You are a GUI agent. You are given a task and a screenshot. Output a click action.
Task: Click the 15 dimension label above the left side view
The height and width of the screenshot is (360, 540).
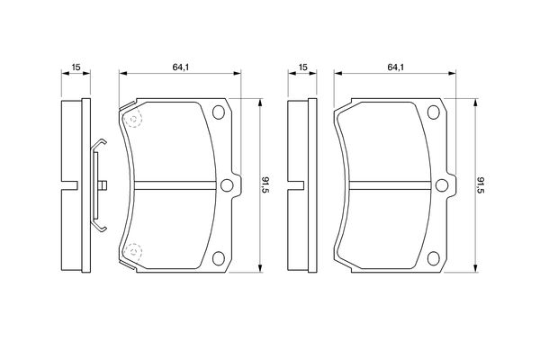point(76,67)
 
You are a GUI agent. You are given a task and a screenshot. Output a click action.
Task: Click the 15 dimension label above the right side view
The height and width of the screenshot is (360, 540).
point(302,67)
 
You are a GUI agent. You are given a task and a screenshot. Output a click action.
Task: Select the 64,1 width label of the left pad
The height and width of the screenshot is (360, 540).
point(181,67)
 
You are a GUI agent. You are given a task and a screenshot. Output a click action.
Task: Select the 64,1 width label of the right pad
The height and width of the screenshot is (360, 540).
point(395,67)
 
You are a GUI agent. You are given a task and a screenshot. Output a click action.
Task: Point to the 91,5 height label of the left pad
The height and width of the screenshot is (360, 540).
point(265,185)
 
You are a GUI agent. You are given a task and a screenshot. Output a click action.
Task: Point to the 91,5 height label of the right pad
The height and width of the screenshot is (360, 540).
point(481,185)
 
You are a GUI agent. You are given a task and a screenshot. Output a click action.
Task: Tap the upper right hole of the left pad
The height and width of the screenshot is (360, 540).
point(219,112)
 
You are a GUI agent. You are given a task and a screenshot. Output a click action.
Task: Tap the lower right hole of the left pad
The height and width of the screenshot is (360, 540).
point(219,258)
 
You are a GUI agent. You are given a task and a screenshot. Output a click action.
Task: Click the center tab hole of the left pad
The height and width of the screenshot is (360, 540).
point(227,185)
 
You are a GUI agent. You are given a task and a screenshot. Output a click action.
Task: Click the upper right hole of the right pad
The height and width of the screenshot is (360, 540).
point(433,112)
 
